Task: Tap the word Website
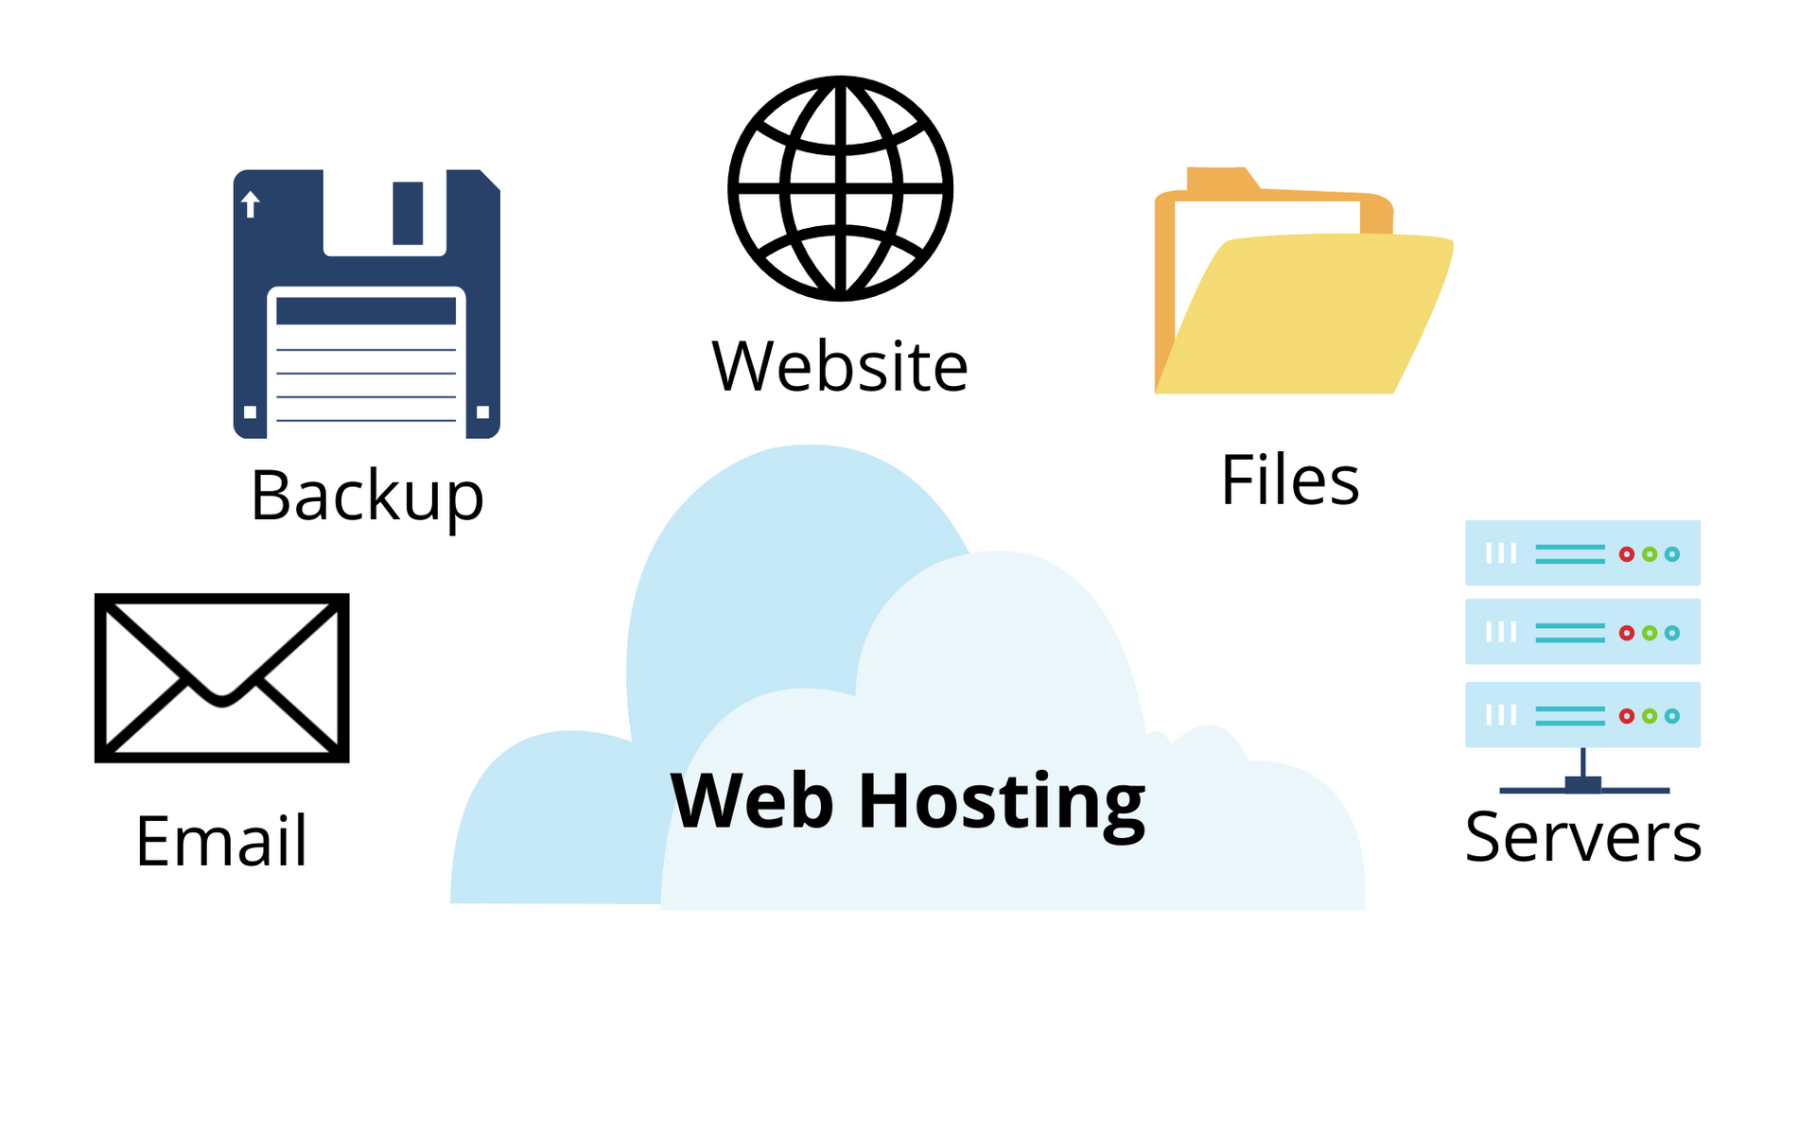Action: point(840,366)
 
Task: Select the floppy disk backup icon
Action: point(367,304)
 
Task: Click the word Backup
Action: point(367,497)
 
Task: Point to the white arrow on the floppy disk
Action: point(251,203)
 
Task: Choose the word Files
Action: point(1290,480)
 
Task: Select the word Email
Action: point(221,840)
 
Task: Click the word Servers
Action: point(1582,837)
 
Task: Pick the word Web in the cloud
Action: point(752,800)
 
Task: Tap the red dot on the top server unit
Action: point(1627,554)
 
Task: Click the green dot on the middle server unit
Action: point(1650,633)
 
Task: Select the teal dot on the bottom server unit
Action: point(1672,716)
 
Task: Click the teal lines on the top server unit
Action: point(1570,554)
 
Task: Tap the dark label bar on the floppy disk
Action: point(366,311)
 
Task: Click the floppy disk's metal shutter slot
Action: point(408,214)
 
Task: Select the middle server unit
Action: point(1582,632)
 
